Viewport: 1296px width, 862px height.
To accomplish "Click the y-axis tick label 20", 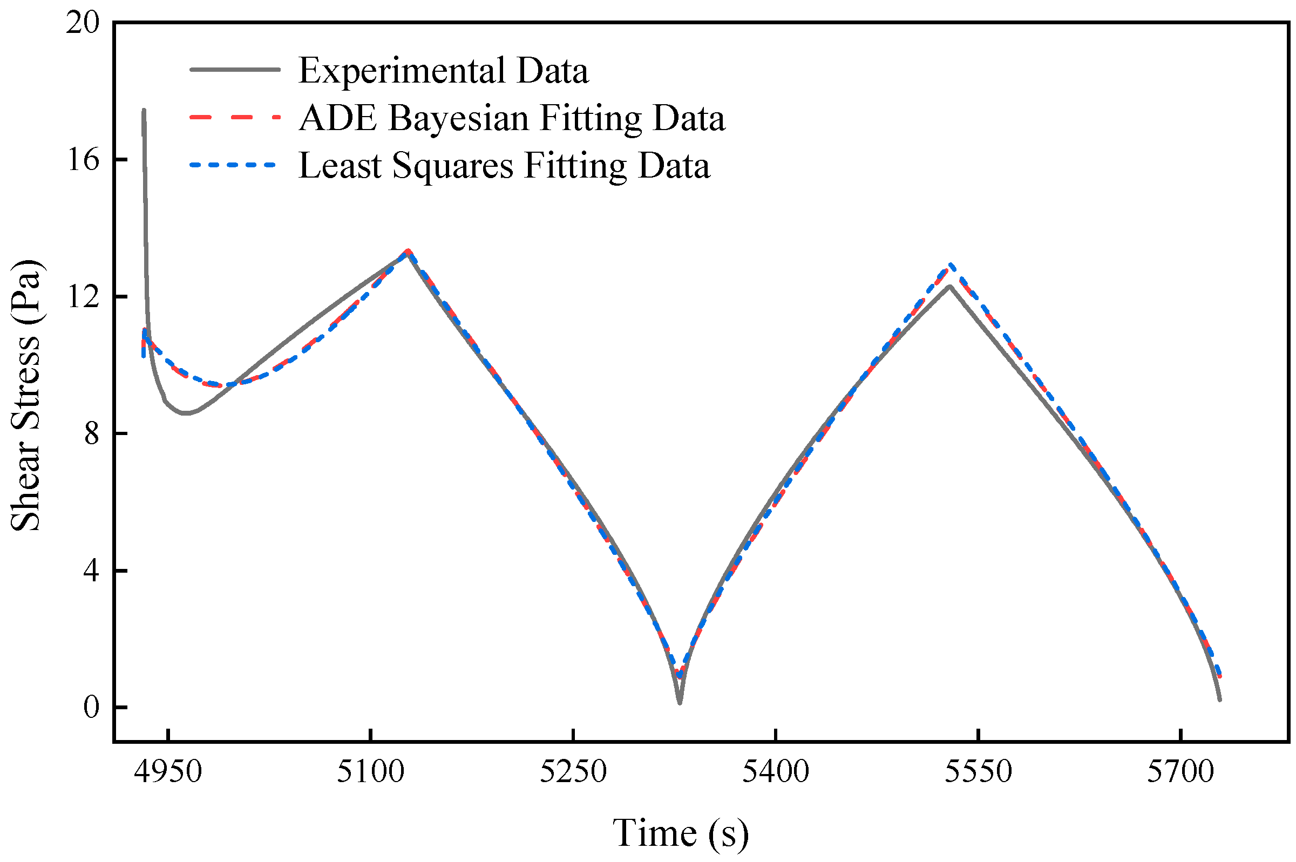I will (x=83, y=24).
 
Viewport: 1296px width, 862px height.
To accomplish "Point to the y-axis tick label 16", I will (x=83, y=160).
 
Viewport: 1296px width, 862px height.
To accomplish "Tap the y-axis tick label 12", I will (x=83, y=297).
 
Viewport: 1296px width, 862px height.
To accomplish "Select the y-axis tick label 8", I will (x=91, y=434).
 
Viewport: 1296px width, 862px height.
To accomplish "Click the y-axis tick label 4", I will (x=91, y=571).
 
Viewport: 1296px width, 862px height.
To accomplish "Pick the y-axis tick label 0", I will (x=91, y=707).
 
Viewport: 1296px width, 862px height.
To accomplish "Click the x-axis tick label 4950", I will (x=168, y=772).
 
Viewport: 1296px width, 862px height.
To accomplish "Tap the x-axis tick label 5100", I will (x=370, y=772).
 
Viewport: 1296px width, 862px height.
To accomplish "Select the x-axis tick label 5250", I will (x=573, y=772).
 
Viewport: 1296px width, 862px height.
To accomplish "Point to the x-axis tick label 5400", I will (x=775, y=772).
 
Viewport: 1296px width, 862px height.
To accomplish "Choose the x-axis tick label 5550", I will (x=978, y=772).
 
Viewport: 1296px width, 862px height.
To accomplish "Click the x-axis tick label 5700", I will (x=1180, y=772).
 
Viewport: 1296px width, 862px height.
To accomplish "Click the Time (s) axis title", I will (x=681, y=832).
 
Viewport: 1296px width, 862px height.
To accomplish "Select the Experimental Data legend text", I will (x=443, y=70).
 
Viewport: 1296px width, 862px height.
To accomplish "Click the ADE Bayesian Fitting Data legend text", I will (x=512, y=118).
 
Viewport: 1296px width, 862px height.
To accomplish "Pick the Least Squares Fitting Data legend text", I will (x=504, y=165).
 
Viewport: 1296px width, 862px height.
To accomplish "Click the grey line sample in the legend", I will (x=235, y=70).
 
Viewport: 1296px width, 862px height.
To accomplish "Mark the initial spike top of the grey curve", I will (x=144, y=111).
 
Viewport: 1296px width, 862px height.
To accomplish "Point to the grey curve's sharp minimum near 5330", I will (x=680, y=703).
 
